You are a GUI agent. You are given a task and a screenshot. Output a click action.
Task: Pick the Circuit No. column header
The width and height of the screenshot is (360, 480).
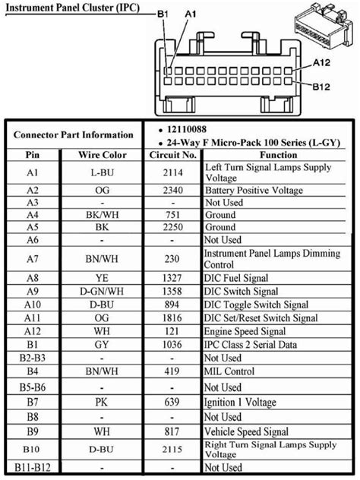pos(172,154)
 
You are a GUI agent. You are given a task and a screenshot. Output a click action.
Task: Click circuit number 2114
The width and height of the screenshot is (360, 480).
pos(172,172)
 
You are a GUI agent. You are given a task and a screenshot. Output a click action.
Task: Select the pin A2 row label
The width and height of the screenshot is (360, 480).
pos(32,190)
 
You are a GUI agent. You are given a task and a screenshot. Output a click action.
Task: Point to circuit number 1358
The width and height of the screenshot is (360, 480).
pos(172,291)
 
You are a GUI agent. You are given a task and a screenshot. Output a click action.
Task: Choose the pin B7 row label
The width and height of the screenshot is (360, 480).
pos(32,400)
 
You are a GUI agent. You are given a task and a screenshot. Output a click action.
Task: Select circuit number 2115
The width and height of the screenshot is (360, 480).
pos(172,449)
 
